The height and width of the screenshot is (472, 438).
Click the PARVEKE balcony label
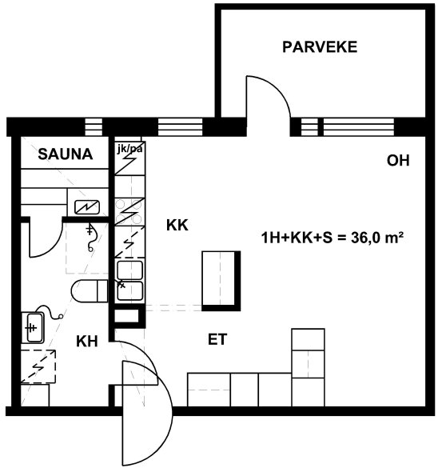320,47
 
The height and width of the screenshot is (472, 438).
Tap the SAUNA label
66,154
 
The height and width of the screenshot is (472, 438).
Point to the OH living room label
398,161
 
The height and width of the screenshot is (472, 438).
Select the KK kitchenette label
177,225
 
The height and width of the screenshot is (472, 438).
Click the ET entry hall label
217,339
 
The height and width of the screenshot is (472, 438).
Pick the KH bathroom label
87,342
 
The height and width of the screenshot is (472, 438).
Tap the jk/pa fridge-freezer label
129,149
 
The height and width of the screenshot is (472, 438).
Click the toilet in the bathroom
90,291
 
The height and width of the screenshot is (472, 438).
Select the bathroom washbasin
33,327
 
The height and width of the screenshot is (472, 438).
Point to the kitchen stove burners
129,212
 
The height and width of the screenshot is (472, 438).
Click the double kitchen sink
130,281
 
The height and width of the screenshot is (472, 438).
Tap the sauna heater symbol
87,207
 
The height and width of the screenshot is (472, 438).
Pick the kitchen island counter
221,281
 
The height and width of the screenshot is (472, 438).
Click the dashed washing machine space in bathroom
38,366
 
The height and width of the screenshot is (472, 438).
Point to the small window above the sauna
94,126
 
